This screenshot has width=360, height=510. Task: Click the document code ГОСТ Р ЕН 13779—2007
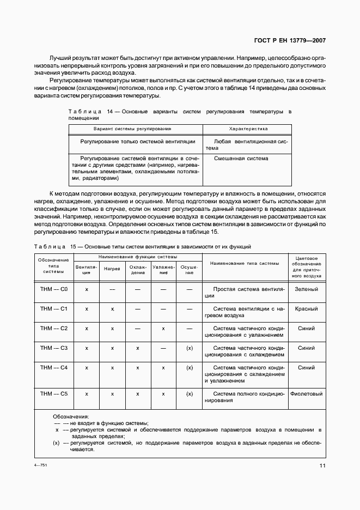click(290, 41)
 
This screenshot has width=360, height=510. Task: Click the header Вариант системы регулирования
click(132, 129)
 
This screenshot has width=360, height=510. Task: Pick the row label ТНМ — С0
click(53, 289)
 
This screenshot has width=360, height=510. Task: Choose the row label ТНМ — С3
click(53, 348)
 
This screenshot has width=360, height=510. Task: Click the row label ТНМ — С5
click(53, 393)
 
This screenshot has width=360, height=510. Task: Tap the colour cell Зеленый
click(307, 289)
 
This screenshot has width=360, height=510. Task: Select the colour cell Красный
click(307, 309)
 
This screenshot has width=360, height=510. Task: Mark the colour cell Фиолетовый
click(307, 393)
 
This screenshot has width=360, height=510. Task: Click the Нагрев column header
click(112, 269)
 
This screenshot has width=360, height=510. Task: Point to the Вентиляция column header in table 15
click(87, 269)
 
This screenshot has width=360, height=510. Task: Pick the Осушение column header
click(190, 269)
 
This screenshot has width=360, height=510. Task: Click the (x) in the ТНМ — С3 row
click(190, 348)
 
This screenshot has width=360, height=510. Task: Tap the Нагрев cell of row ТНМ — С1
click(112, 309)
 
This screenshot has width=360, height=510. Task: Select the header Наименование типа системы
click(243, 263)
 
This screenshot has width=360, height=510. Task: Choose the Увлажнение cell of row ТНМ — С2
click(163, 329)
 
